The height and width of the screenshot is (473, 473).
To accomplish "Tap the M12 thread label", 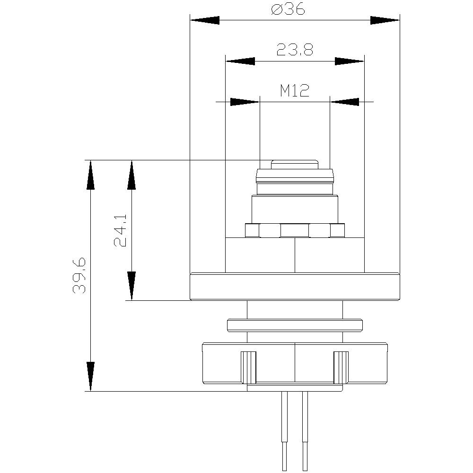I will click(294, 90).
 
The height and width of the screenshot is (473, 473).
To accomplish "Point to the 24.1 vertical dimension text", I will click(120, 230).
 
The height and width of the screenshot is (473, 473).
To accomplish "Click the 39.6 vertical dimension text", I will click(79, 276).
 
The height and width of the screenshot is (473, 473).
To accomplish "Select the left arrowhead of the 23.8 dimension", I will click(240, 61).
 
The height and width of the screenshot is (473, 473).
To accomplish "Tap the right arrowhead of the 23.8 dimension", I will click(350, 61).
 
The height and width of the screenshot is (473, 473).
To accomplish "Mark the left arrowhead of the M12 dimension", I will click(245, 101).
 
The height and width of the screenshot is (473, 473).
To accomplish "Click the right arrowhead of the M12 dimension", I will click(344, 101).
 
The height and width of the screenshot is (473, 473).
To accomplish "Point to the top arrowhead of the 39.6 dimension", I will click(89, 175).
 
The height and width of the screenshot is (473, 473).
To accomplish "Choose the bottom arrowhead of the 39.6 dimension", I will click(89, 377).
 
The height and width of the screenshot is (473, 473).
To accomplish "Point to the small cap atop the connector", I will click(294, 165).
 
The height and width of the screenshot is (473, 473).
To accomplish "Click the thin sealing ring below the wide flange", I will click(295, 325).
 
